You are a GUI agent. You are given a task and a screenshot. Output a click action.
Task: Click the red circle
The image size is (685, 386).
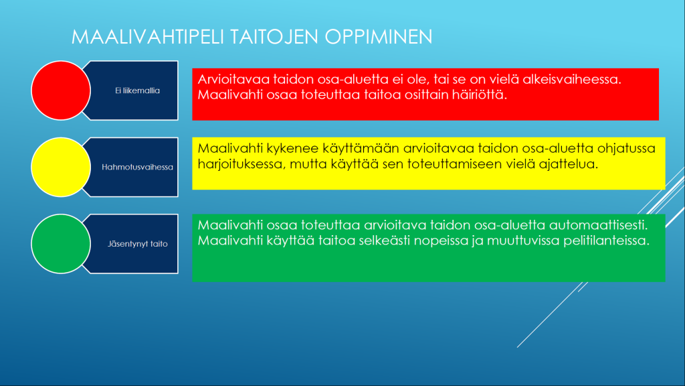[61, 90]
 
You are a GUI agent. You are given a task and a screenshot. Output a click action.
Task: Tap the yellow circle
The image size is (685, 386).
[61, 167]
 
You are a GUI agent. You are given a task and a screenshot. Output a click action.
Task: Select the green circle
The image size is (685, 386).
[61, 244]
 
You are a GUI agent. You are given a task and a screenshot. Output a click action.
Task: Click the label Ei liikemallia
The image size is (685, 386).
[137, 90]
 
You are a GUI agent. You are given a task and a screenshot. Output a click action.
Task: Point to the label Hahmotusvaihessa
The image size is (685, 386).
[137, 167]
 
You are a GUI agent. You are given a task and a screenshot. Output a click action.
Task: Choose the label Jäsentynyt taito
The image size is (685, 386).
[138, 244]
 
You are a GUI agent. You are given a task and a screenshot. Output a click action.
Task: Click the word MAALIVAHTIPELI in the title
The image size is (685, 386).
[148, 37]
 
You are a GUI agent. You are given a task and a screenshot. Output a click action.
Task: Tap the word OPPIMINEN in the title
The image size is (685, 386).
[379, 37]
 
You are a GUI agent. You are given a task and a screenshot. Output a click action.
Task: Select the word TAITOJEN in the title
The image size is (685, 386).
[274, 37]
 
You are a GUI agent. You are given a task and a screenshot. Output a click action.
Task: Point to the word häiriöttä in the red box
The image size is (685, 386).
[479, 94]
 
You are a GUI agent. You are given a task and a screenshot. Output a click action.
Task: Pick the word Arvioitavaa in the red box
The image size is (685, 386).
[233, 79]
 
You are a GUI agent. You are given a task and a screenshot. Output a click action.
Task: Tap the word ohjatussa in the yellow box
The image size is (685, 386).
[626, 148]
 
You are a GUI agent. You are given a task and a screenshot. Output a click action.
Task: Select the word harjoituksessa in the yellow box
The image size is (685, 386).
[241, 164]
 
